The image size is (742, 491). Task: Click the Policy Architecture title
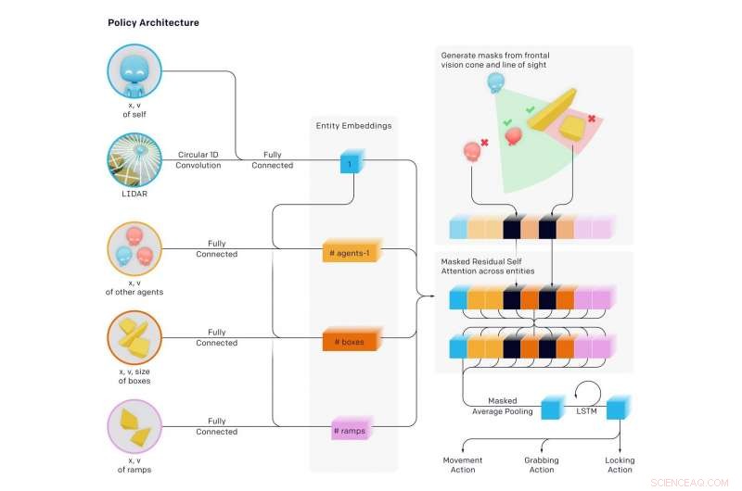click(x=153, y=22)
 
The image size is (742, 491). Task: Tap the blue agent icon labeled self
click(x=134, y=71)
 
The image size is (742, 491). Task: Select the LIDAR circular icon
click(x=134, y=159)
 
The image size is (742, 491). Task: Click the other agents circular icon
click(x=134, y=248)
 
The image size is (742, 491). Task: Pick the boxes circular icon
click(x=134, y=337)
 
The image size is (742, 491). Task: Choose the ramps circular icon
click(x=134, y=426)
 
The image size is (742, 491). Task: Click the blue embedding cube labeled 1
click(x=352, y=161)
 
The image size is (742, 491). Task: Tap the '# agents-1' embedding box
click(x=352, y=251)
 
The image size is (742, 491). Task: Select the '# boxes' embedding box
click(x=352, y=340)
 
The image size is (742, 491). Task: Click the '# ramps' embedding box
click(x=352, y=429)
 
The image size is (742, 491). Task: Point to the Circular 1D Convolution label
click(x=198, y=159)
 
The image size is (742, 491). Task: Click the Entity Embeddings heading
click(x=353, y=126)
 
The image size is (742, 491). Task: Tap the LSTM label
click(x=586, y=411)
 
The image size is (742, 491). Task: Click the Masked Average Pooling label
click(x=503, y=406)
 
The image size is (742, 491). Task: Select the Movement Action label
click(x=462, y=464)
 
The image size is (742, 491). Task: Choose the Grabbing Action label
click(x=542, y=464)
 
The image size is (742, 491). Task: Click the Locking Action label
click(x=620, y=464)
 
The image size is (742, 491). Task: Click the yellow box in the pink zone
click(x=572, y=127)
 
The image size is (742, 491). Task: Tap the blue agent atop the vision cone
click(x=495, y=82)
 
